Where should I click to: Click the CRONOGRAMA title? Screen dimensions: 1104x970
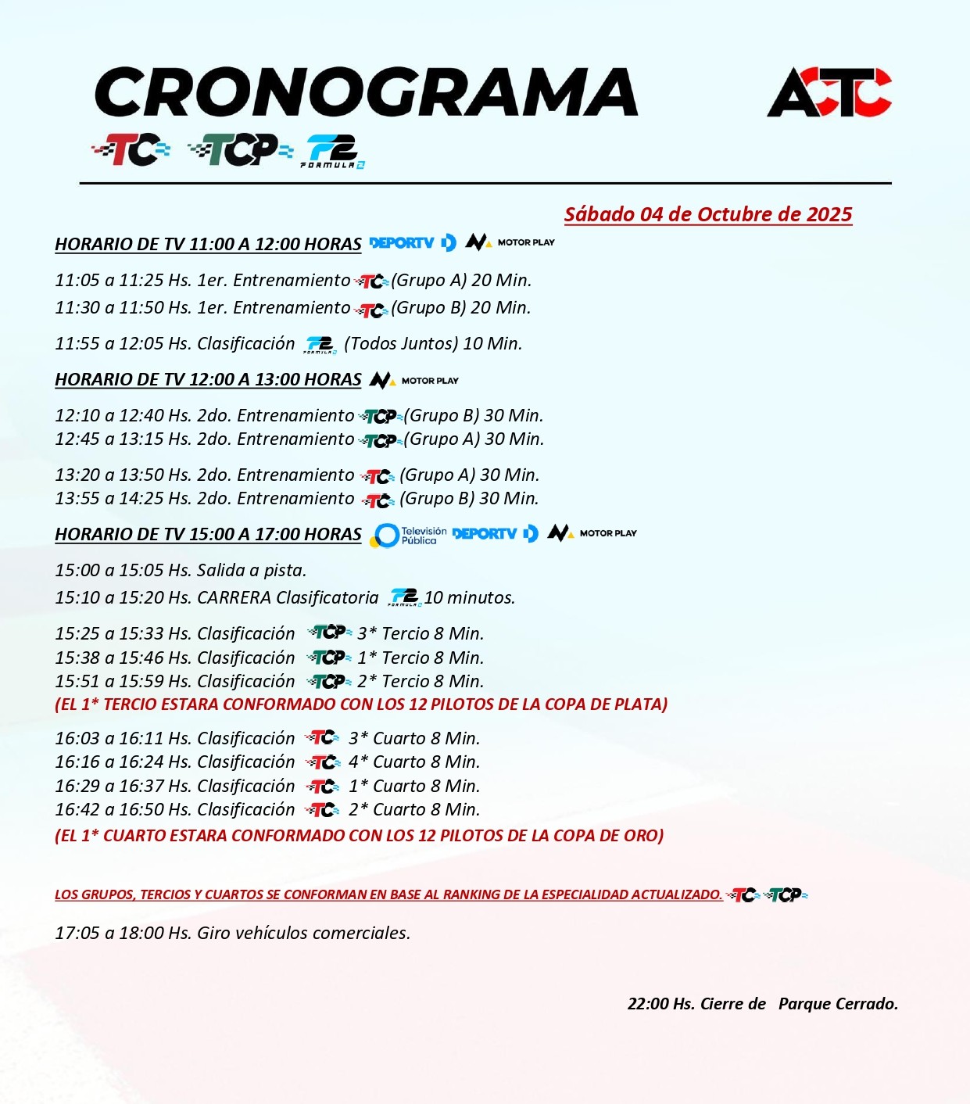366,92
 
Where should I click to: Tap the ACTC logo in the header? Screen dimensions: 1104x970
829,92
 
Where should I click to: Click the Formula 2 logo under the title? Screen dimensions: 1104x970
334,152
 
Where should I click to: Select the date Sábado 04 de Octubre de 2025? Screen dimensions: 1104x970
708,214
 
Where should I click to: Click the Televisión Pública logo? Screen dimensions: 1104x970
409,535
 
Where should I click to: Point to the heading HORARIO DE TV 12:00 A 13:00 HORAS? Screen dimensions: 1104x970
208,380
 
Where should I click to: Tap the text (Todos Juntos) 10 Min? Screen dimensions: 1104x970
433,343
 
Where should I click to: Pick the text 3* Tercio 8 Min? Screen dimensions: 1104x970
421,633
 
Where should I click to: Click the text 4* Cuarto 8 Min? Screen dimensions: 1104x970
414,762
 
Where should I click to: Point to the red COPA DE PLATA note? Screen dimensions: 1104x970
361,704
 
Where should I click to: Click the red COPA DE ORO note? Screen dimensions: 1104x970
360,835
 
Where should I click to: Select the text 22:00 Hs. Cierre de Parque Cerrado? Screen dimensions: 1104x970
762,1003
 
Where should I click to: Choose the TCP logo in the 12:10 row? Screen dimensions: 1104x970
381,416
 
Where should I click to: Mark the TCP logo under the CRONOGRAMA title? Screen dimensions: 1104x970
240,149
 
